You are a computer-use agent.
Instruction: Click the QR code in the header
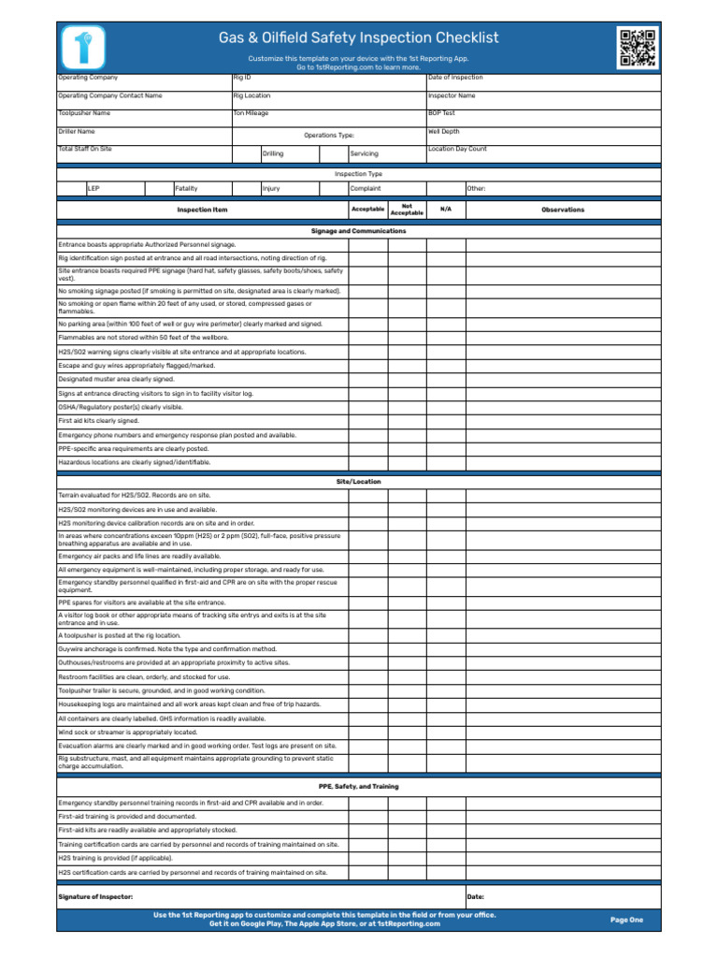tap(637, 47)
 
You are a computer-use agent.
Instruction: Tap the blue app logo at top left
tap(83, 46)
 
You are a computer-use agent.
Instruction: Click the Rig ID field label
tap(242, 77)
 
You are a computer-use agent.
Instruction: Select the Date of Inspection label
tap(455, 77)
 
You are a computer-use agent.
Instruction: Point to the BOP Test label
tap(441, 112)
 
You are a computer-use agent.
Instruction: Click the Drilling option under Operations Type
tap(273, 153)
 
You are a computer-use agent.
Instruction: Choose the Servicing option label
tap(364, 153)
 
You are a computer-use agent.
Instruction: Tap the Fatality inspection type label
tap(186, 188)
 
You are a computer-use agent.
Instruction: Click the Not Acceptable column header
tap(407, 210)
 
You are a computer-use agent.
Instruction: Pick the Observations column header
tap(563, 210)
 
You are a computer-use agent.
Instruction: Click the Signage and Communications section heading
tap(359, 230)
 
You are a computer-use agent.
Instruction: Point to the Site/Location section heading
tap(359, 481)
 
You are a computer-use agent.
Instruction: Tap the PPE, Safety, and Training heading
tap(359, 787)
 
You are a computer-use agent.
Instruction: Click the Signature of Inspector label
tap(95, 896)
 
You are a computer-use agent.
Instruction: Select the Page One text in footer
tap(626, 920)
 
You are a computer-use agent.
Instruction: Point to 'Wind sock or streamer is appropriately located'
tap(128, 732)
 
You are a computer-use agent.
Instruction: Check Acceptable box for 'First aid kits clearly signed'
tap(368, 421)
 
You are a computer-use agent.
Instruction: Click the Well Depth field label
tap(443, 132)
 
